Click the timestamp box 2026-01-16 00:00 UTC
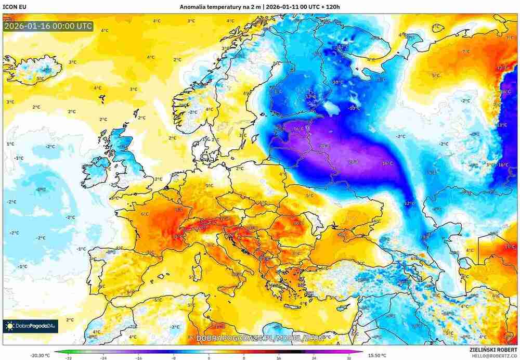click(48, 25)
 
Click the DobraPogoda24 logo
click(30, 326)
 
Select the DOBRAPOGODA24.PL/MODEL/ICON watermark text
click(263, 338)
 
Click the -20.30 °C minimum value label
click(40, 355)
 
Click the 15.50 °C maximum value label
click(376, 355)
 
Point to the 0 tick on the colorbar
click(209, 358)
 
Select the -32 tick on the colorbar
click(68, 358)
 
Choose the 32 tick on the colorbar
click(349, 358)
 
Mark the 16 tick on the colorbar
click(279, 358)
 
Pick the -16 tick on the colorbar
click(138, 358)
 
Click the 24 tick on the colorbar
click(314, 358)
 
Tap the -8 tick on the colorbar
click(173, 358)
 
